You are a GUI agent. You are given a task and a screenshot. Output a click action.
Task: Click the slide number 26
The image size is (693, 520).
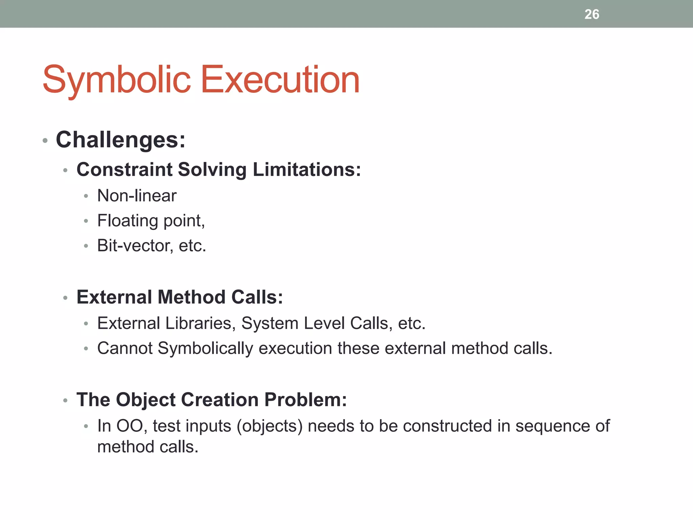point(591,14)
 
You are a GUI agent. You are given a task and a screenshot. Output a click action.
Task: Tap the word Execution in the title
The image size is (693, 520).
point(280,80)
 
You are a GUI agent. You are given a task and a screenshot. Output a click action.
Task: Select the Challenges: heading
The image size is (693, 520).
point(120,139)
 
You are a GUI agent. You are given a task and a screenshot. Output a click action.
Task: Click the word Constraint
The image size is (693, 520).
point(125,169)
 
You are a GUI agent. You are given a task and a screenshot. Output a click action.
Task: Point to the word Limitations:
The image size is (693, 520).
point(307,169)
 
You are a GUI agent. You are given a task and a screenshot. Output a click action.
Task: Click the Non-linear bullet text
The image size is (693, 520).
point(137,196)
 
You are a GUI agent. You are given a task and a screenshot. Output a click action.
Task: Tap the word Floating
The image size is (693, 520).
point(128,221)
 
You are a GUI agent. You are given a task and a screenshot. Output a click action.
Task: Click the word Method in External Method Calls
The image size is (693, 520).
point(192,297)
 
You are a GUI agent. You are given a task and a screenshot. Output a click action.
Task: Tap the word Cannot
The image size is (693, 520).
point(125,348)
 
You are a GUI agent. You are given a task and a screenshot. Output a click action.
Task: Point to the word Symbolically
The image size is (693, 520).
point(205,349)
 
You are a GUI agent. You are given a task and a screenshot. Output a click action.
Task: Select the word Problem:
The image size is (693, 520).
point(306,400)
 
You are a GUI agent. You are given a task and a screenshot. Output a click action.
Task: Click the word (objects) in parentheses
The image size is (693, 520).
point(269,426)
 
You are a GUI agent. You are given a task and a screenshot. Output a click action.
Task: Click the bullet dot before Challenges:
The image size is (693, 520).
point(45,140)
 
